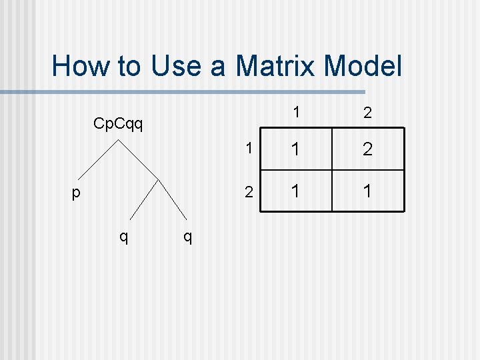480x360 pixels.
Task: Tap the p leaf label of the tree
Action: [x=76, y=193]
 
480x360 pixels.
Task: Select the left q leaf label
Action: [x=123, y=235]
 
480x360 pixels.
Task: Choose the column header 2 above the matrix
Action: [x=367, y=114]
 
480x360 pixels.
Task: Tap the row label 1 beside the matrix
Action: [x=248, y=149]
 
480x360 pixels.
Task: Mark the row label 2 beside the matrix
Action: [x=248, y=193]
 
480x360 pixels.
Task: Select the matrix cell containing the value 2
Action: [x=367, y=149]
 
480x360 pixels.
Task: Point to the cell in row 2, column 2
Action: [x=367, y=192]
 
